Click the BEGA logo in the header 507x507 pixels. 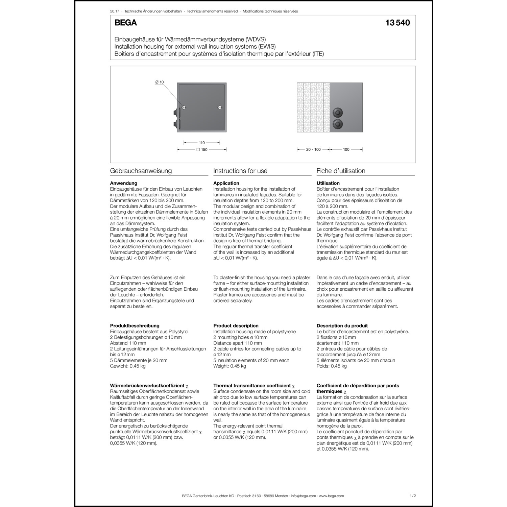(126, 23)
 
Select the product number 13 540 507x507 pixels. (397, 23)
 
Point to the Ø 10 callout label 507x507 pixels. (160, 82)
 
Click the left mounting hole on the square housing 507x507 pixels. (184, 108)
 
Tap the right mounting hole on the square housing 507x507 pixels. (220, 108)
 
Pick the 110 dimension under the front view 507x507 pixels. (202, 143)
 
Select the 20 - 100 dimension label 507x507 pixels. (313, 149)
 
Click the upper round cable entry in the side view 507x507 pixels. (337, 113)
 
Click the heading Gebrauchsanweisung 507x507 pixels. (141, 171)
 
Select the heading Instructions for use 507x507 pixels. (240, 171)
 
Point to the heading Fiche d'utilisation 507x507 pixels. (341, 171)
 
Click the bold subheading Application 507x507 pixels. (226, 183)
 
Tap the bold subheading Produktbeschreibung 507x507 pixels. (135, 326)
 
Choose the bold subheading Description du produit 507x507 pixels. (342, 326)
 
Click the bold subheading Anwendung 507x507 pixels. (124, 183)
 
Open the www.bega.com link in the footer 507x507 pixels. (331, 496)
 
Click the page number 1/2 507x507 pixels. (412, 496)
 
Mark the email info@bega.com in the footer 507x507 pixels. (304, 496)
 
